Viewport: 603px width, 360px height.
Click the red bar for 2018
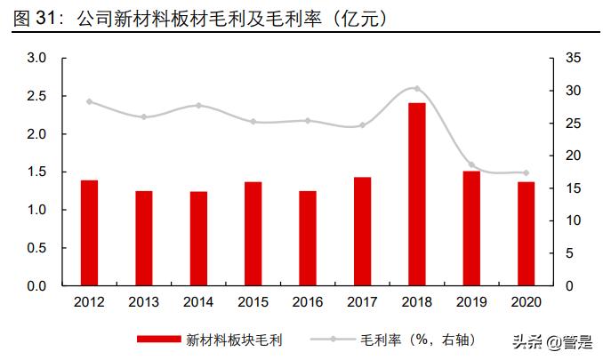[417, 195]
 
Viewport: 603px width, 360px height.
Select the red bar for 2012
[89, 233]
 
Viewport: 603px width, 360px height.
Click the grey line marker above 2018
[417, 89]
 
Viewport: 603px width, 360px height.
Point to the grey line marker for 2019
[471, 165]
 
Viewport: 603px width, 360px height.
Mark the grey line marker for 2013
[144, 116]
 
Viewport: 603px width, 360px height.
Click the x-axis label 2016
[308, 302]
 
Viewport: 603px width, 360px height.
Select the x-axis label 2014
[198, 302]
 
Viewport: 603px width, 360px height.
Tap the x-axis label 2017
[362, 302]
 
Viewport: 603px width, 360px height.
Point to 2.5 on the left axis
[36, 96]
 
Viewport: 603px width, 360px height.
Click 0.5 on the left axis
[36, 248]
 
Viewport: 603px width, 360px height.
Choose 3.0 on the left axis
[36, 58]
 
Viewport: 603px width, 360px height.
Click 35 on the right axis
[559, 58]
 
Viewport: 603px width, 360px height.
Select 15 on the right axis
[559, 188]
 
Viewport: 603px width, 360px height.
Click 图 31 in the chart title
[34, 18]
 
